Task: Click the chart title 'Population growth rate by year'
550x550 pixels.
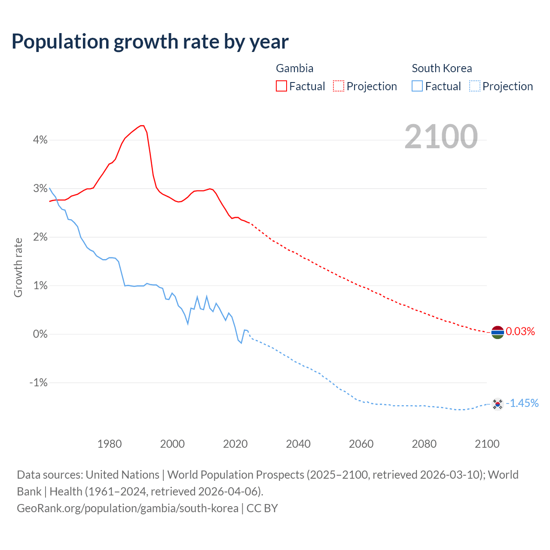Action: click(150, 42)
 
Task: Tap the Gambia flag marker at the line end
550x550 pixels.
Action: click(497, 332)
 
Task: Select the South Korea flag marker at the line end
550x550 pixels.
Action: click(497, 403)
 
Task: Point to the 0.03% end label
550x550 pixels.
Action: click(520, 331)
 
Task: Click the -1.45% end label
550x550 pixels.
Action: click(522, 403)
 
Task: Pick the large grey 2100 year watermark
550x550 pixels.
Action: click(441, 137)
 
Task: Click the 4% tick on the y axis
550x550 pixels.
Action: click(40, 140)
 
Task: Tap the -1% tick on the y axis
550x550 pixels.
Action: click(38, 382)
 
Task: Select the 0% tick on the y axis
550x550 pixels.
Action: click(40, 334)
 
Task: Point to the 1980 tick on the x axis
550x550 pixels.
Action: click(110, 444)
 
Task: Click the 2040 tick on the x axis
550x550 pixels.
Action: click(298, 444)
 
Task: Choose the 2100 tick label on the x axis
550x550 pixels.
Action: click(487, 444)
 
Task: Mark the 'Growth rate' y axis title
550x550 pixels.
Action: click(18, 267)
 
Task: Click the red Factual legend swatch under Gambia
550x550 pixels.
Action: click(281, 86)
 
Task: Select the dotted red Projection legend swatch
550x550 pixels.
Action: click(339, 86)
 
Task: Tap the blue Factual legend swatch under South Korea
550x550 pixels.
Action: click(417, 86)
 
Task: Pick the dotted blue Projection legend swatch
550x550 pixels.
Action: click(474, 86)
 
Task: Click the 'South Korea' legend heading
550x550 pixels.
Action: click(442, 68)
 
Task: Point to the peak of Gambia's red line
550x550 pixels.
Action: click(142, 125)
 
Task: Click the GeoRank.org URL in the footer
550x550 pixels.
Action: click(128, 508)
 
